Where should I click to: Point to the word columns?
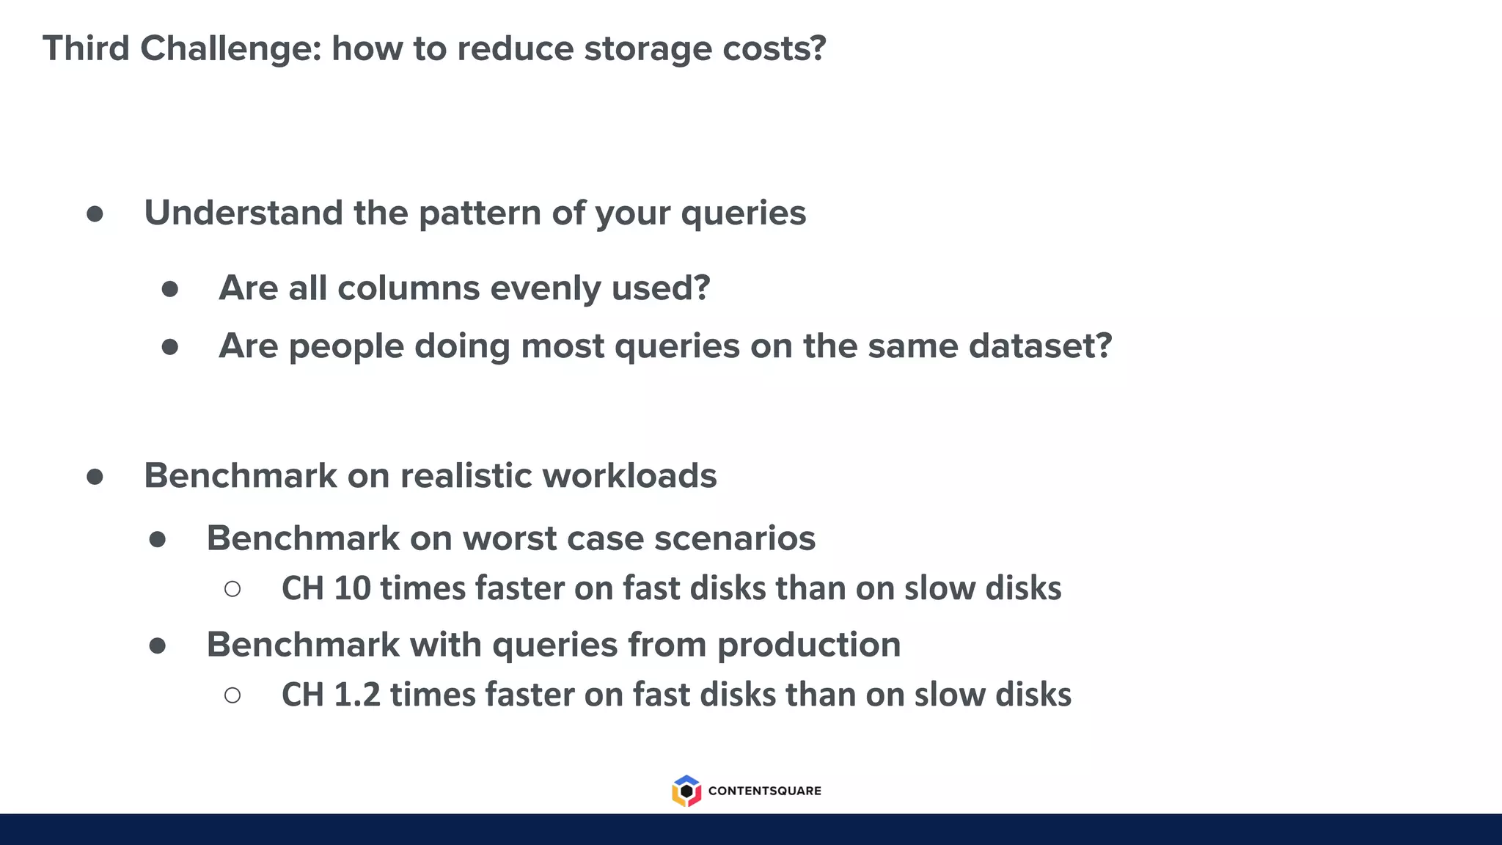point(409,288)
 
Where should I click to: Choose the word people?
point(346,346)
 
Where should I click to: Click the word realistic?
point(466,475)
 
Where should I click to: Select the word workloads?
point(629,475)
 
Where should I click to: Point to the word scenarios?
point(734,538)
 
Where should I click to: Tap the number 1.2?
point(356,695)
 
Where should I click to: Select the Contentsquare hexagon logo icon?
point(686,791)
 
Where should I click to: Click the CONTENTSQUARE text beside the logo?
point(764,791)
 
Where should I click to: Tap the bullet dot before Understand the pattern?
point(95,213)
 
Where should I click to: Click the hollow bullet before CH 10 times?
point(232,588)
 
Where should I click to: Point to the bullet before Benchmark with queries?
point(157,645)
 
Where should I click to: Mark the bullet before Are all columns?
point(169,288)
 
